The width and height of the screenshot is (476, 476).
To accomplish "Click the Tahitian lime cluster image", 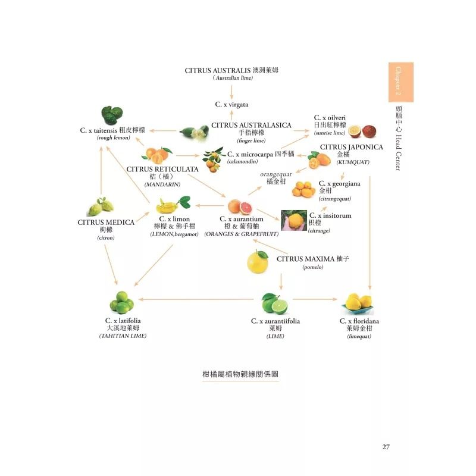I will pyautogui.click(x=123, y=303).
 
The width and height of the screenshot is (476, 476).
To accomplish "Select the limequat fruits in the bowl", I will pyautogui.click(x=358, y=303).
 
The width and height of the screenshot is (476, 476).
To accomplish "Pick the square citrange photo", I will pyautogui.click(x=293, y=221).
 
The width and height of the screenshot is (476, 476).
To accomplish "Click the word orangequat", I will pyautogui.click(x=276, y=174).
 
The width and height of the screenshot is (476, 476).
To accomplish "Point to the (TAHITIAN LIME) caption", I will pyautogui.click(x=123, y=336).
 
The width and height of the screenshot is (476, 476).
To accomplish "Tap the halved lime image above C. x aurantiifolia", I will pyautogui.click(x=274, y=303).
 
